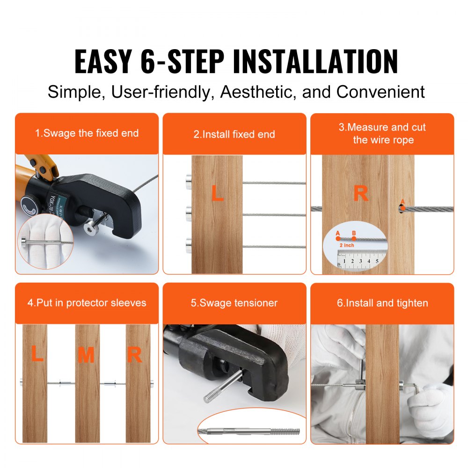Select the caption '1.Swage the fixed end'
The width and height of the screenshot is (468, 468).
tap(87, 133)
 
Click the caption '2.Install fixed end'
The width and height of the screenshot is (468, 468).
tap(234, 134)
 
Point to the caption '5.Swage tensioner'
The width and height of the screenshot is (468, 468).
tap(234, 303)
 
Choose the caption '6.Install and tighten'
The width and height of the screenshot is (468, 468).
tap(382, 303)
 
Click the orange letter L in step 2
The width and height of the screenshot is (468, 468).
tap(217, 193)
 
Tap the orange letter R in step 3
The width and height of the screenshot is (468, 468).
tap(360, 193)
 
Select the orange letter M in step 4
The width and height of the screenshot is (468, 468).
tap(86, 356)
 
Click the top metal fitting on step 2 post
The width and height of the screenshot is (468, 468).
tap(188, 180)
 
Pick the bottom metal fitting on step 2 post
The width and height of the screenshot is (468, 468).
tap(188, 243)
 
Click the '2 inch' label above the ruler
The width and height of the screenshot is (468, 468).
tap(346, 245)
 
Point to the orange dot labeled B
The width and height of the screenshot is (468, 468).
tap(354, 238)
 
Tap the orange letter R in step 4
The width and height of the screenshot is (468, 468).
tap(134, 356)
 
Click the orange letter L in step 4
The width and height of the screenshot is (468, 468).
tap(37, 356)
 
